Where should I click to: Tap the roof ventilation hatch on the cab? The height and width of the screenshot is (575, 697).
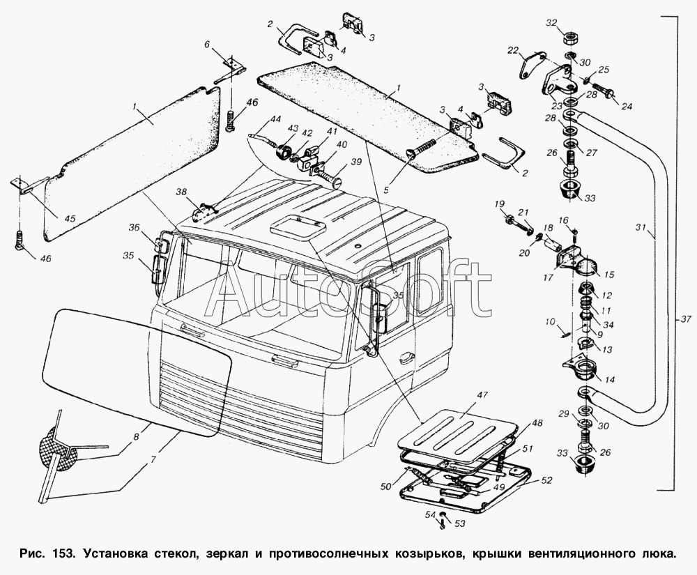coord(296,227)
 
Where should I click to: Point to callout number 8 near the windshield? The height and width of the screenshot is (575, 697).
coord(136,437)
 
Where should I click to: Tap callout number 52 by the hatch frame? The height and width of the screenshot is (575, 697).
coord(546,481)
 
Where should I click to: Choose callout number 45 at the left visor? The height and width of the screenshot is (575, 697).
coord(70,218)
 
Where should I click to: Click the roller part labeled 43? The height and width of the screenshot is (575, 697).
coord(282,152)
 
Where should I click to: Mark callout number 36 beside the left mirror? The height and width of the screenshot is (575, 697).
coord(135,227)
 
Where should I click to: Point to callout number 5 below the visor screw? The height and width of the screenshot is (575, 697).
coord(386,190)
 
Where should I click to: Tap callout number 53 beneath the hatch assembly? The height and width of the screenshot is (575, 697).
coord(459,524)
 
